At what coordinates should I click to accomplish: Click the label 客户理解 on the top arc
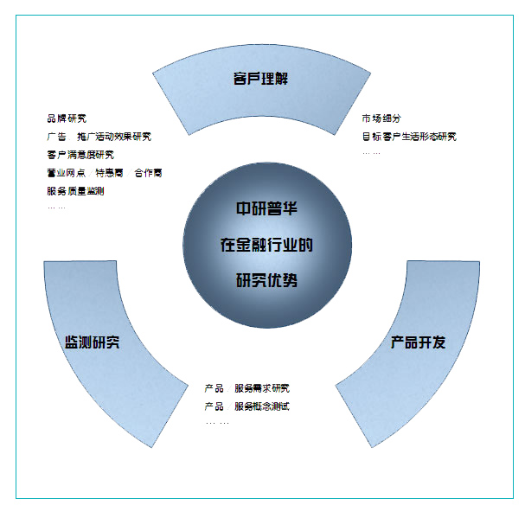[x=260, y=79]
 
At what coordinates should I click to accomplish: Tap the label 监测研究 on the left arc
[x=93, y=342]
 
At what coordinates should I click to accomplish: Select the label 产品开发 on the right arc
[x=418, y=342]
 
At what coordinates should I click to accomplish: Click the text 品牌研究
[x=67, y=118]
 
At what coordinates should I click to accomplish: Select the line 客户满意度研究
[x=80, y=155]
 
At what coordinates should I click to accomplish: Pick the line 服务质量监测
[x=76, y=190]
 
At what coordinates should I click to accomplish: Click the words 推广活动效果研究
[x=114, y=137]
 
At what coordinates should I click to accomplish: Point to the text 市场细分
[x=381, y=118]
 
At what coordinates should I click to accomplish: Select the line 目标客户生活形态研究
[x=409, y=137]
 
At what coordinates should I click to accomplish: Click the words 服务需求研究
[x=262, y=388]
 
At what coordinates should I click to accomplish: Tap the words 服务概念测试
[x=262, y=406]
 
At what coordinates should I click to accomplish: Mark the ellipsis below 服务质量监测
[x=56, y=208]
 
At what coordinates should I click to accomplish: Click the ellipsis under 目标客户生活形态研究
[x=371, y=153]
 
